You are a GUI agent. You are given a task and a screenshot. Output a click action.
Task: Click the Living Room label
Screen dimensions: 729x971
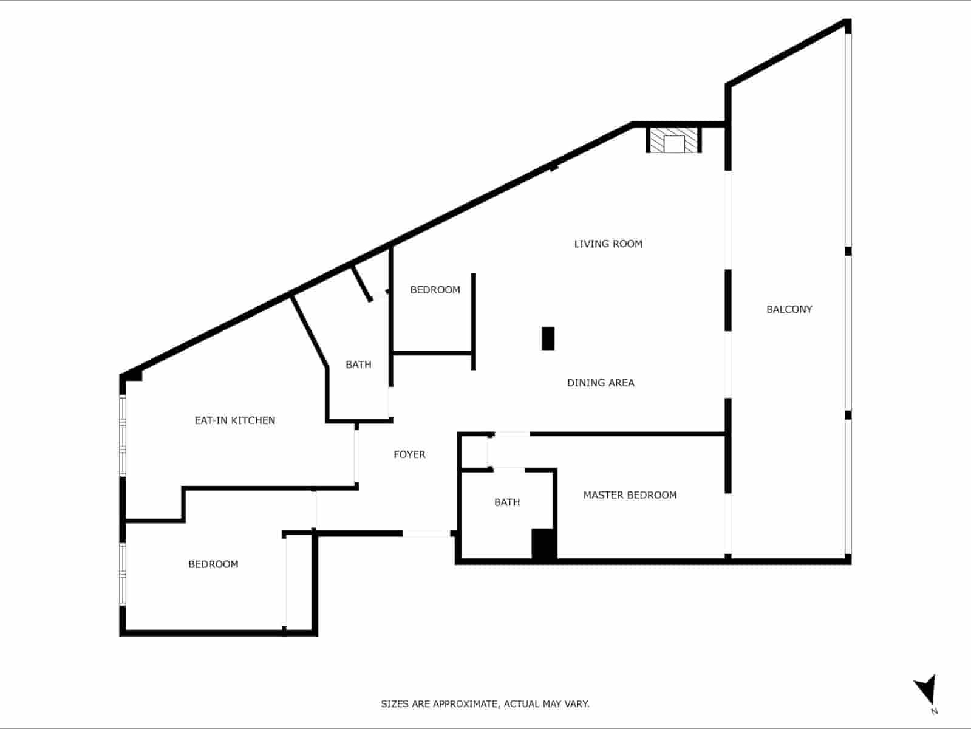608,244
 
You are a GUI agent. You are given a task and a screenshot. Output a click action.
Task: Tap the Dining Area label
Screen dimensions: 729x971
601,383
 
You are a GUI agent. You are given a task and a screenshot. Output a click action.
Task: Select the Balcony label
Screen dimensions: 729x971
789,309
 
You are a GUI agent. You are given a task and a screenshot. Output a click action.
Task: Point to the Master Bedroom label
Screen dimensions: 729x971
630,495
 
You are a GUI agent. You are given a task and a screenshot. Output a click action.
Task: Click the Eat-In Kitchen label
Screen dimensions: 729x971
234,420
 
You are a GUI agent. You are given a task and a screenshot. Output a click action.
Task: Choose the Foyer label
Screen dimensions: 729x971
409,454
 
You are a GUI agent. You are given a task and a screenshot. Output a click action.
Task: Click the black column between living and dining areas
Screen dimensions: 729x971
548,338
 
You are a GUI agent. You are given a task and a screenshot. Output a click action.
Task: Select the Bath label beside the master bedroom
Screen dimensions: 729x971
506,502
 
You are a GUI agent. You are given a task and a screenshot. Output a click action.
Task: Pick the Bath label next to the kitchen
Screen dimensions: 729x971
358,364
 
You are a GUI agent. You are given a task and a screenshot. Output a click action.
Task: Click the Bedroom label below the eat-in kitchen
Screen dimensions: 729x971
213,564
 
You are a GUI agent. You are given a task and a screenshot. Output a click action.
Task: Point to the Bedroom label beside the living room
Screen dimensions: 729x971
435,290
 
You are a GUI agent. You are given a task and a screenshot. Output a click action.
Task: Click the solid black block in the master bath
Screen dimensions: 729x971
543,544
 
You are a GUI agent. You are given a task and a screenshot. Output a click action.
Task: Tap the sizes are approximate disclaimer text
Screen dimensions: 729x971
485,704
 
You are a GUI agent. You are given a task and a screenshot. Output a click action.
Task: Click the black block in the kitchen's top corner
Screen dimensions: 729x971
133,375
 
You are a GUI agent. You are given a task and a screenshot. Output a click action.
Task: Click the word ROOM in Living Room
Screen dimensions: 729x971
628,244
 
